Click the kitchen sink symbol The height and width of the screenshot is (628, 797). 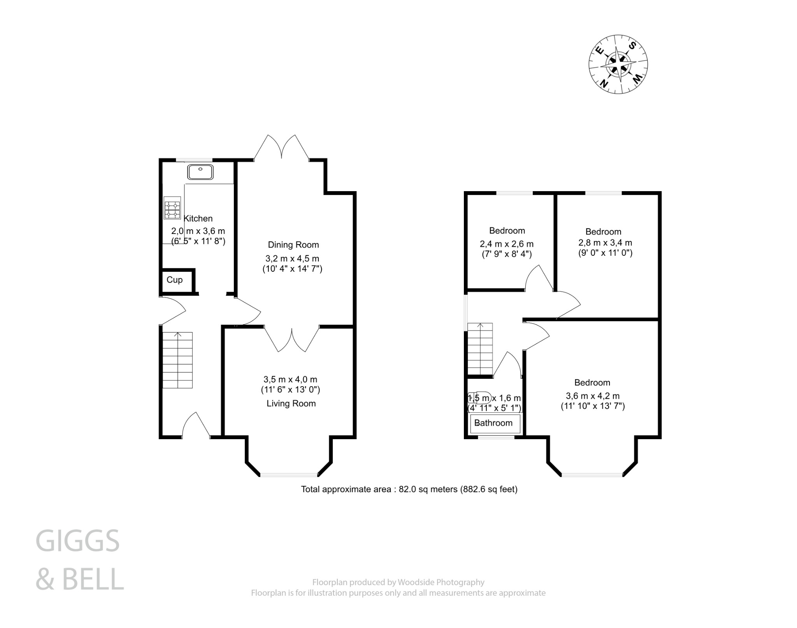click(x=200, y=172)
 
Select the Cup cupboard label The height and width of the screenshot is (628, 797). click(x=174, y=280)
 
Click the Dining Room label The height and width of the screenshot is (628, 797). click(x=293, y=245)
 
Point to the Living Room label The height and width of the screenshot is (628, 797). click(x=291, y=404)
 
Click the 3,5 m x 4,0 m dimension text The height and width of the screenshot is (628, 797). click(x=290, y=379)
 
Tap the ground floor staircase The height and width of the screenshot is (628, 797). click(x=177, y=360)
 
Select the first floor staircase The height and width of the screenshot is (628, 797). click(x=480, y=349)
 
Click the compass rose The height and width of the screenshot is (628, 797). click(x=618, y=64)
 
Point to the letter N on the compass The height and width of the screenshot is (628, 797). click(x=604, y=83)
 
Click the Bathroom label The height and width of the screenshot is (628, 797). click(x=493, y=423)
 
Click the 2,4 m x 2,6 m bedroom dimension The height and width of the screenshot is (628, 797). click(x=506, y=244)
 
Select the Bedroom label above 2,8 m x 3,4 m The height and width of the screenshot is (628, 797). click(x=603, y=232)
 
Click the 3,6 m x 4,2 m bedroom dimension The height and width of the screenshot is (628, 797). click(x=592, y=396)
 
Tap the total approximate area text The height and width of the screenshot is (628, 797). click(x=409, y=489)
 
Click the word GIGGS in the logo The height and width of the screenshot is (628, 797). click(x=77, y=541)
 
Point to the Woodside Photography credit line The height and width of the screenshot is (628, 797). click(x=398, y=582)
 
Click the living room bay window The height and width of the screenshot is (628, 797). click(x=289, y=475)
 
